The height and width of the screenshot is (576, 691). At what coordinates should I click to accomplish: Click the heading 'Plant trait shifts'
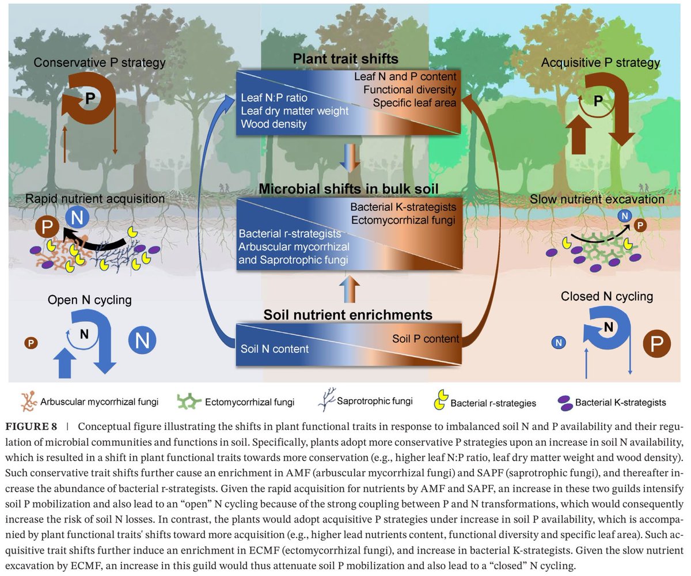point(345,59)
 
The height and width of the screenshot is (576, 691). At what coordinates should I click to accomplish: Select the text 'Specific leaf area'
point(413,103)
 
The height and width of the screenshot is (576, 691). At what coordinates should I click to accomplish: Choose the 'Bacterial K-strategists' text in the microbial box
point(403,207)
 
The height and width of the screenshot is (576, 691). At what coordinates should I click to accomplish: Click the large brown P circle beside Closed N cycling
point(655,344)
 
